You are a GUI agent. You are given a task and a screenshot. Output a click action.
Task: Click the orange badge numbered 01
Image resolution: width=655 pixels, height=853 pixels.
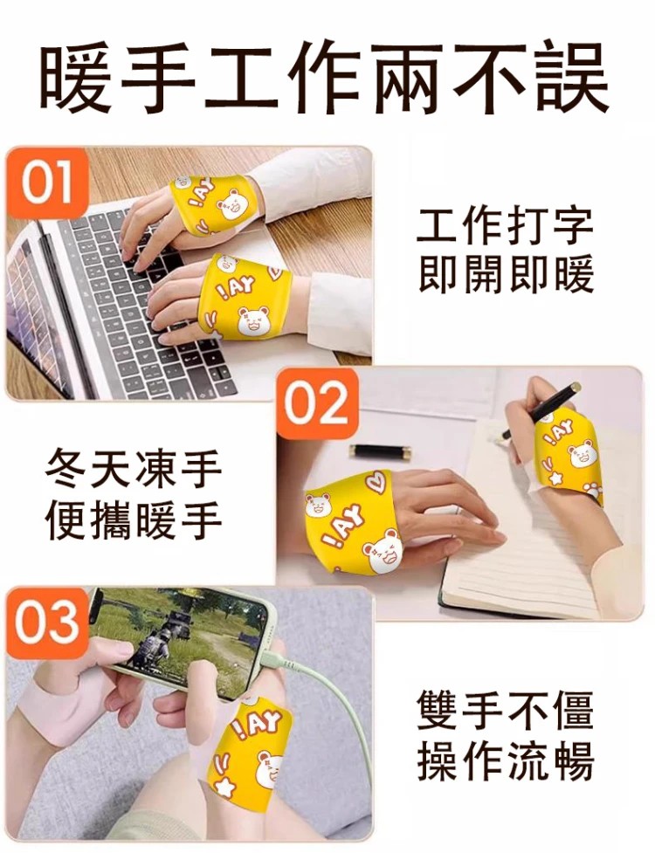click(x=47, y=182)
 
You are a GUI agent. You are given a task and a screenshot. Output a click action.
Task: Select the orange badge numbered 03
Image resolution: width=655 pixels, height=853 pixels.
click(x=47, y=622)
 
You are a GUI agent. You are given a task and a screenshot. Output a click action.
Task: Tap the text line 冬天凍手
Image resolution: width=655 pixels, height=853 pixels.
click(x=134, y=470)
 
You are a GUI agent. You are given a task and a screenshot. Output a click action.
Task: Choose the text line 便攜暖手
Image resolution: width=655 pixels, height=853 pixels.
click(x=134, y=519)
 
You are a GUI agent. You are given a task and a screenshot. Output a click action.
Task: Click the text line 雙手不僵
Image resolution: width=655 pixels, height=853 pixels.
click(x=506, y=711)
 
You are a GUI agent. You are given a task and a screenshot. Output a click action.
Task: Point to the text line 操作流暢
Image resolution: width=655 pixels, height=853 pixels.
click(x=506, y=760)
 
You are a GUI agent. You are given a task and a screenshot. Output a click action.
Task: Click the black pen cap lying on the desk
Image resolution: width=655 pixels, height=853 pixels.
click(x=379, y=452)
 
